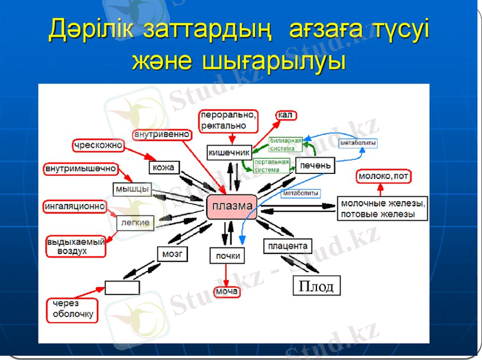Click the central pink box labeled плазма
coord(232,206)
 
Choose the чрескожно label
coord(98,145)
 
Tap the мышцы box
coord(131,189)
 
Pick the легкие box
coord(135,223)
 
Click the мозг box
coord(172,253)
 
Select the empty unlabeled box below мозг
coord(122,287)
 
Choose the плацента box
coord(288,246)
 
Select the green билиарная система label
coord(286,144)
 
